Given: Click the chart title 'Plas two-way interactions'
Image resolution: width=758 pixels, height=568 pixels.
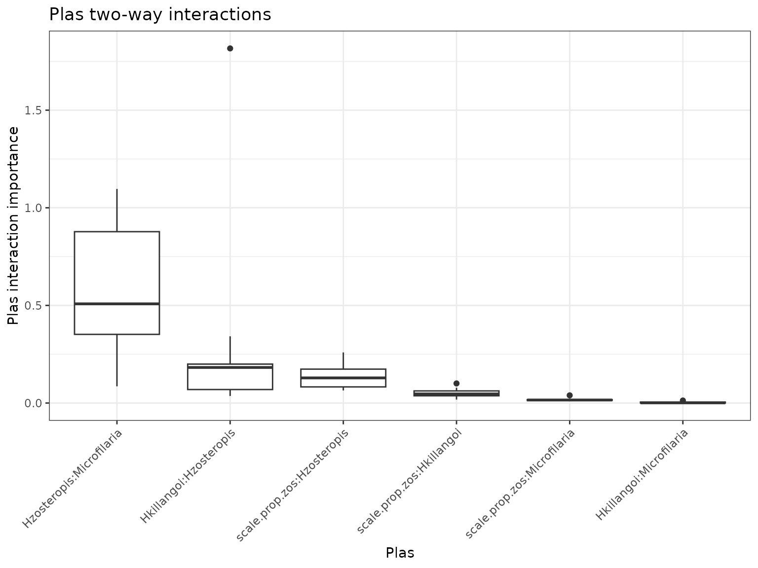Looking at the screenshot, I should (160, 15).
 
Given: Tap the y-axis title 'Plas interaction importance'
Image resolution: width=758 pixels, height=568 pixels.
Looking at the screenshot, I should (14, 226).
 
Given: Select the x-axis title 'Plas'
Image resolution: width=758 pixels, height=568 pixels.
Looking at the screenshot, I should (400, 553).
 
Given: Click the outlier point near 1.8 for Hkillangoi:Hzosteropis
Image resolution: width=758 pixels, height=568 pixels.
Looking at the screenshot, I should (230, 48).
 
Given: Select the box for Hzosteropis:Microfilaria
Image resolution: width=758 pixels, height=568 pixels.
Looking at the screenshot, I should (117, 266).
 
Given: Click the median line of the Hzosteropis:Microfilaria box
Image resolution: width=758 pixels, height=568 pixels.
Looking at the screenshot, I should (117, 304).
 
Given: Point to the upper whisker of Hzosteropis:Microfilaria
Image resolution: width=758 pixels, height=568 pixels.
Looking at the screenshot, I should (117, 210).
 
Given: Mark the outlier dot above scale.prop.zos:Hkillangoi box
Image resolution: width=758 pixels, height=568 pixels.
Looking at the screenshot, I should (456, 384).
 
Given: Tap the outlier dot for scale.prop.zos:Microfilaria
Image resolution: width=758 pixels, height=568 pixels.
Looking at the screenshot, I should (569, 395).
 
